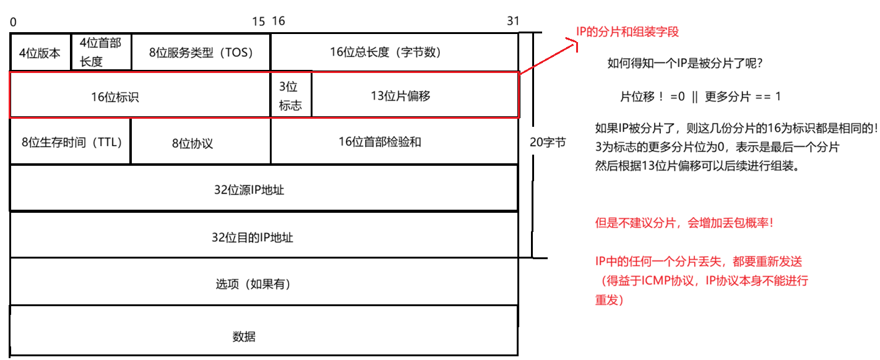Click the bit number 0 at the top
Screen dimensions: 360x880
pos(13,22)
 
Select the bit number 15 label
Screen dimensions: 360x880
pos(259,22)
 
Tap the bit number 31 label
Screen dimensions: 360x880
pos(513,21)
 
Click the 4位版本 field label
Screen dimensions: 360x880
pos(40,53)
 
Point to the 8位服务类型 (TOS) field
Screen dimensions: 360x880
pos(201,53)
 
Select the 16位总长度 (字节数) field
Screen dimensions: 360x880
pos(386,53)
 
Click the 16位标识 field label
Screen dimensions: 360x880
pos(115,96)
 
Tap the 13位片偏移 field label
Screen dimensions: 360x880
pos(400,96)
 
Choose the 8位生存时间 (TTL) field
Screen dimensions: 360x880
pos(72,142)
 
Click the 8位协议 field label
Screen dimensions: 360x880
pos(192,144)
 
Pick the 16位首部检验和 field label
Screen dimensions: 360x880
pos(379,142)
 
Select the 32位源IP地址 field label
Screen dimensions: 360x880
pos(249,190)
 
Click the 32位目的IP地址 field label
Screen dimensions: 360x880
pos(252,238)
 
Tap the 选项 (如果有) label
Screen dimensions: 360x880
pos(253,285)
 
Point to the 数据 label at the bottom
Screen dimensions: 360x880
pos(243,337)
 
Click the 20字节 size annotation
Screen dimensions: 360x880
pos(548,142)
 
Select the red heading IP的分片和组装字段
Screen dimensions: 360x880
pos(628,32)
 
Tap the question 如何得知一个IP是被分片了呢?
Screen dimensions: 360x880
pos(684,64)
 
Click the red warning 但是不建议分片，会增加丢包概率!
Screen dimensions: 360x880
pos(684,223)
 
